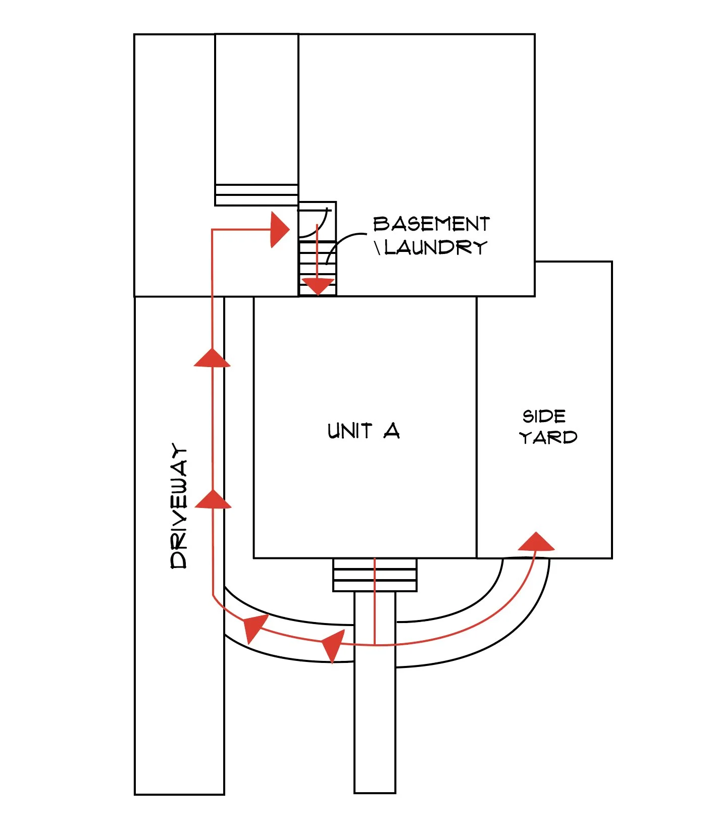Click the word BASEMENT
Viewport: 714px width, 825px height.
(x=431, y=224)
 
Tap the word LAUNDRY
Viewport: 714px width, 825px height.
(x=436, y=247)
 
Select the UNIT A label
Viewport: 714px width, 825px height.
(x=363, y=431)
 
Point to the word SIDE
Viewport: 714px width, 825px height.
(x=544, y=417)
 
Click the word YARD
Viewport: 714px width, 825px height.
(x=548, y=437)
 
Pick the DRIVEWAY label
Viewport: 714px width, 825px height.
(x=179, y=506)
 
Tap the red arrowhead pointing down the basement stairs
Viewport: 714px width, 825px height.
(x=318, y=287)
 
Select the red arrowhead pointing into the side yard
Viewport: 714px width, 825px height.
(x=536, y=542)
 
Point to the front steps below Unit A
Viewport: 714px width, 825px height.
(x=375, y=575)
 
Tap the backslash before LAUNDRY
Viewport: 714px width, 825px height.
(x=377, y=248)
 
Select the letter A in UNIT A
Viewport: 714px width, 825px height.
(x=391, y=431)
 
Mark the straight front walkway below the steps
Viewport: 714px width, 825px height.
(x=375, y=732)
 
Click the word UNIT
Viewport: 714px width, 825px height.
(x=349, y=431)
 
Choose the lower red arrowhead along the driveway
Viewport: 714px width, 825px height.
(x=213, y=499)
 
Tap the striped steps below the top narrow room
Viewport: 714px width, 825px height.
(x=257, y=195)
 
